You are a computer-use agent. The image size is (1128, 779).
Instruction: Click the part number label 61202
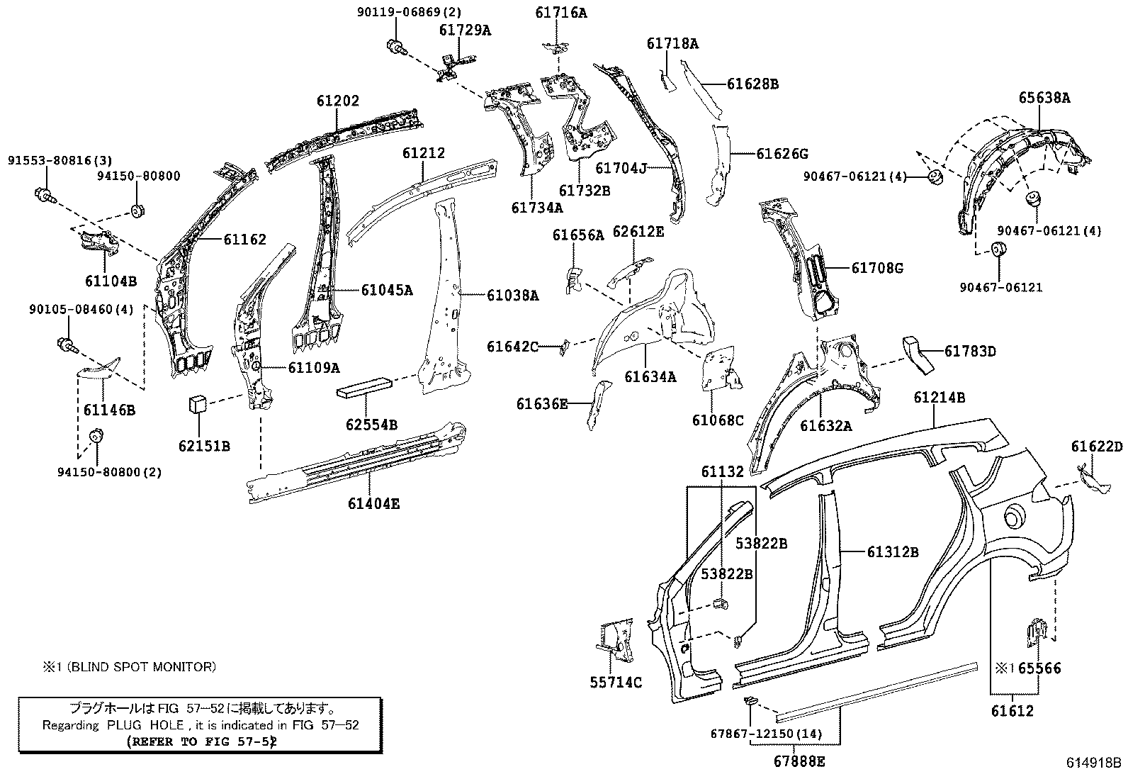pyautogui.click(x=338, y=101)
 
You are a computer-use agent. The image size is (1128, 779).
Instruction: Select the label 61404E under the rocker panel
pyautogui.click(x=373, y=504)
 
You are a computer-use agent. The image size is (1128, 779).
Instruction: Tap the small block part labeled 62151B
pyautogui.click(x=196, y=405)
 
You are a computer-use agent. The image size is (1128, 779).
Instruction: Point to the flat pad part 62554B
pyautogui.click(x=366, y=386)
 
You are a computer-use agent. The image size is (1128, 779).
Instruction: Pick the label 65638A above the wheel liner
pyautogui.click(x=1044, y=99)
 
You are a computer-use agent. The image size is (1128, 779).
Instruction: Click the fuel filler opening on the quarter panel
pyautogui.click(x=1014, y=515)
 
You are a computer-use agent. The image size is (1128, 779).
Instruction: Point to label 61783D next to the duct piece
pyautogui.click(x=970, y=351)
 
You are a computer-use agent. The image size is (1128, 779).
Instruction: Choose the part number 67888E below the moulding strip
pyautogui.click(x=797, y=762)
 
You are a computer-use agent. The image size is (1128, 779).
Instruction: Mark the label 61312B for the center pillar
pyautogui.click(x=892, y=552)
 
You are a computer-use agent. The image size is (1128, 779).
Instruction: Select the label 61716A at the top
pyautogui.click(x=562, y=13)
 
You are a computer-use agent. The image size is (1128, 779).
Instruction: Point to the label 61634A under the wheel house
pyautogui.click(x=650, y=377)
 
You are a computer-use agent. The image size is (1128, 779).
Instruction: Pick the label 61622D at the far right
pyautogui.click(x=1097, y=447)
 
